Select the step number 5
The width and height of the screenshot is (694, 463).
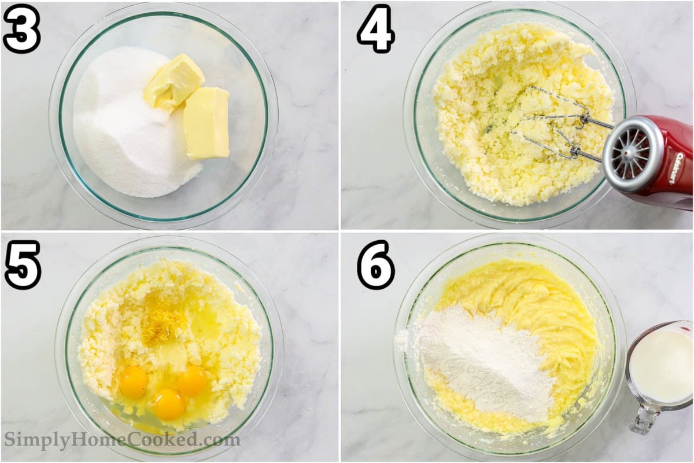point(23,266)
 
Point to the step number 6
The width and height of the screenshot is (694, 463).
point(376,266)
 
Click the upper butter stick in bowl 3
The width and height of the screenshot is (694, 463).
point(174,83)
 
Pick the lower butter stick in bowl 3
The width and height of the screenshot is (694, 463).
point(206,123)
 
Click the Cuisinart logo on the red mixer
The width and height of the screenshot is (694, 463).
point(680,168)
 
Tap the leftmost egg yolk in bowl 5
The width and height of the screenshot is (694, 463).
point(134,382)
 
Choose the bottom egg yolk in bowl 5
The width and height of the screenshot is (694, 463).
point(169,405)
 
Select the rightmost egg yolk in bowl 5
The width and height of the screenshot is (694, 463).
point(193,380)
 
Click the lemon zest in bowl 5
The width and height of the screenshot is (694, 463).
point(164,321)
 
